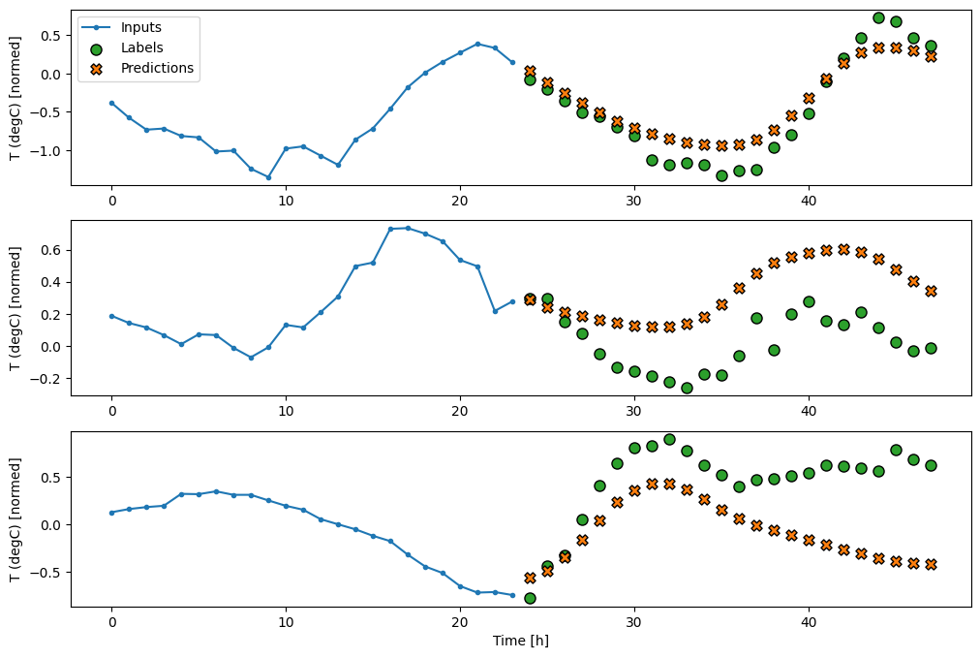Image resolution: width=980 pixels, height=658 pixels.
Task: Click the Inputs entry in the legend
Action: pyautogui.click(x=142, y=27)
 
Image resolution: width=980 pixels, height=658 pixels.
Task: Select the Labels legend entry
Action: pyautogui.click(x=141, y=47)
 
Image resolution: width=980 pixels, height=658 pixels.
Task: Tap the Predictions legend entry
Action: pyautogui.click(x=157, y=68)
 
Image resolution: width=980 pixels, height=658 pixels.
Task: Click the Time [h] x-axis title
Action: pyautogui.click(x=521, y=641)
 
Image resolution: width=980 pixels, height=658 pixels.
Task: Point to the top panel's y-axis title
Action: pyautogui.click(x=15, y=97)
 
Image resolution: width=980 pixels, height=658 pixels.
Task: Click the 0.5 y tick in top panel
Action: pyautogui.click(x=49, y=36)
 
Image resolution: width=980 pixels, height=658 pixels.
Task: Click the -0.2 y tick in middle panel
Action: pyautogui.click(x=47, y=379)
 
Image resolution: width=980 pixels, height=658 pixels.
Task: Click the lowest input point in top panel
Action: pyautogui.click(x=268, y=177)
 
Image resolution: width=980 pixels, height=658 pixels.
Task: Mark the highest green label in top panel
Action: pyautogui.click(x=878, y=17)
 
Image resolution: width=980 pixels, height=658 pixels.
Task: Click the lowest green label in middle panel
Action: pyautogui.click(x=687, y=388)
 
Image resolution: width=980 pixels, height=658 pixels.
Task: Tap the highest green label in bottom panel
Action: pyautogui.click(x=669, y=439)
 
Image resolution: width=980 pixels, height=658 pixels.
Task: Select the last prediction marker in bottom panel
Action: pyautogui.click(x=931, y=564)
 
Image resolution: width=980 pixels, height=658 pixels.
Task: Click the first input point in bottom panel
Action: pyautogui.click(x=111, y=513)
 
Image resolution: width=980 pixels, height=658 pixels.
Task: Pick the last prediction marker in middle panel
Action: pyautogui.click(x=931, y=291)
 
